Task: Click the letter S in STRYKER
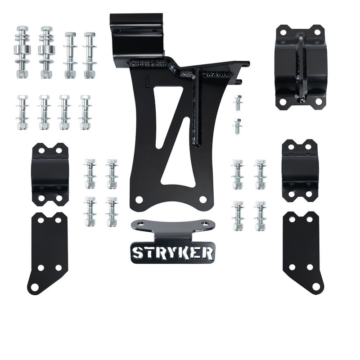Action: point(138,253)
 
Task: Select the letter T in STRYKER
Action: point(148,253)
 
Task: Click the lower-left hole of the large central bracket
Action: point(139,200)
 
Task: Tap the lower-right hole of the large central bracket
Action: point(203,199)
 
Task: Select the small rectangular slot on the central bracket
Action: point(148,81)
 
